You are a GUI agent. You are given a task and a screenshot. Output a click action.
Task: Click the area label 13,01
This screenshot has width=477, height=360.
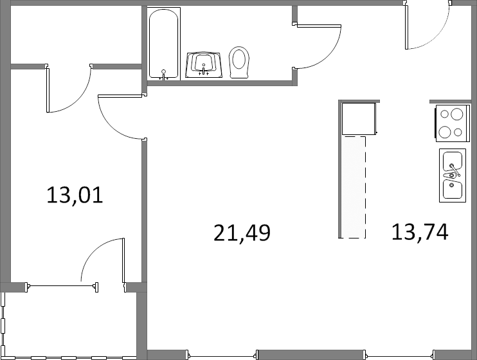coord(75,195)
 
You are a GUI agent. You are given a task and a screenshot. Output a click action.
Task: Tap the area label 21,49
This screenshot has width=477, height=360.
coord(242,233)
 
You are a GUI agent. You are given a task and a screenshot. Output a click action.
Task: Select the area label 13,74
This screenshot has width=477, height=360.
coord(420,232)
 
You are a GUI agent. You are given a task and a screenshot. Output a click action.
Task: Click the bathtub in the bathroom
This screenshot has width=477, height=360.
coord(164,44)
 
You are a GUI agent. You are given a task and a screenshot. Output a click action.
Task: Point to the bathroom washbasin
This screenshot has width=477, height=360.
coord(204,65)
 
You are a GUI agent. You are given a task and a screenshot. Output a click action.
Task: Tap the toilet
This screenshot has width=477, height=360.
coord(239,62)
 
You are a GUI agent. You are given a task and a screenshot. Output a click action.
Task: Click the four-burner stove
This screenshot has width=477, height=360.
coord(453,123)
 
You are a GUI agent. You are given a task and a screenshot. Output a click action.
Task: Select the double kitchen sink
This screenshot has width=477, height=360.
coord(453,175)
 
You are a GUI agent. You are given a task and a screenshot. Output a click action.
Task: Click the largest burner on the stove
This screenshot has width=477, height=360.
coord(456,114)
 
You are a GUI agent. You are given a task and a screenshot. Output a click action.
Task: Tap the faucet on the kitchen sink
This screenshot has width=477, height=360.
coord(454,171)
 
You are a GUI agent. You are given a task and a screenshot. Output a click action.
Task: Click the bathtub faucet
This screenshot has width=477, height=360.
coord(164,75)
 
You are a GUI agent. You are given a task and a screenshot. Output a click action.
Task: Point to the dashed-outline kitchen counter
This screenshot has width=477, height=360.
coord(352,187)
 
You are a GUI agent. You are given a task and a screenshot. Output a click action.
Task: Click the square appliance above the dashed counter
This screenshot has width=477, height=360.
coord(359,119)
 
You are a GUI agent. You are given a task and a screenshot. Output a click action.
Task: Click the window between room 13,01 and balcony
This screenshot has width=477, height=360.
coord(62,286)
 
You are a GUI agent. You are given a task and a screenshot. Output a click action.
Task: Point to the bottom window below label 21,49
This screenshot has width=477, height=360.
coord(222,355)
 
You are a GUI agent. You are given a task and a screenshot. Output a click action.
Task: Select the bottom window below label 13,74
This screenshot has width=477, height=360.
coord(400,355)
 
